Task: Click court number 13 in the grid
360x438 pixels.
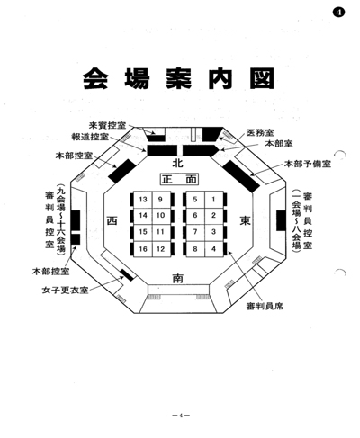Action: pos(143,200)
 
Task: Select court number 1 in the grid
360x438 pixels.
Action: pos(213,200)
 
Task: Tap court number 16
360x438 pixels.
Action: pos(143,249)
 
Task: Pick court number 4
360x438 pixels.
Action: pos(213,249)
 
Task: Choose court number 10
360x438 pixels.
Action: pos(160,215)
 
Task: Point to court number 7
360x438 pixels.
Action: pos(195,232)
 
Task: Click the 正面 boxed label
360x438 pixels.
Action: pos(179,179)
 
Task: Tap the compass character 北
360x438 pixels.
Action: pos(177,164)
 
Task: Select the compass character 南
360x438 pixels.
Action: pos(177,278)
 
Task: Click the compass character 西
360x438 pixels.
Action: pos(112,221)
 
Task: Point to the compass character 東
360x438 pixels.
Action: pos(245,221)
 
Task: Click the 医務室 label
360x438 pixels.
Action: pos(260,132)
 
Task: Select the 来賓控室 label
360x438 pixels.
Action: pos(108,125)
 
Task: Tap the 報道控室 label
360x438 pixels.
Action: pos(90,137)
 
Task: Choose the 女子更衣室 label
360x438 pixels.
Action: pos(66,291)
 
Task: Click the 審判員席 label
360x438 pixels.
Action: pos(265,306)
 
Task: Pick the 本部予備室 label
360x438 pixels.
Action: pos(308,164)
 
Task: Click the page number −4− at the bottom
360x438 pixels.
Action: pos(181,416)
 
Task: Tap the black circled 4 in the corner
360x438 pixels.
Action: pos(338,13)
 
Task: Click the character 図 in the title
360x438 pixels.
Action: pos(263,78)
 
